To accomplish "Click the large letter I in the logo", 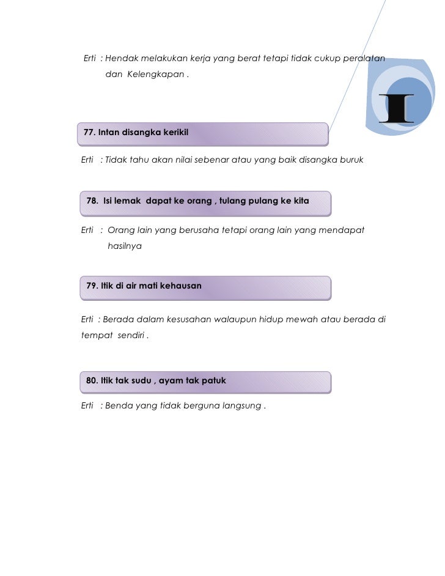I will tap(396, 109).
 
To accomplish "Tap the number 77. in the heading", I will tap(89, 131).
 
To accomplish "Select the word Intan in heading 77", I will tap(110, 131).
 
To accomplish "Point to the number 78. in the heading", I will tap(94, 201).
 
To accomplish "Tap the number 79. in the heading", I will tap(92, 286).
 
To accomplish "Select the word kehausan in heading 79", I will tap(180, 286).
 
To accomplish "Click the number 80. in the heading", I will tap(92, 380).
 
